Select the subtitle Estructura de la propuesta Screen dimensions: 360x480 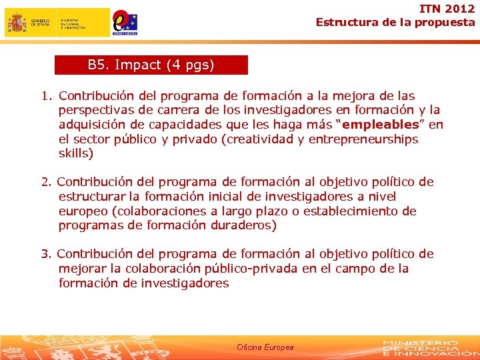395,22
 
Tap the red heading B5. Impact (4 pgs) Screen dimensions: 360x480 151,65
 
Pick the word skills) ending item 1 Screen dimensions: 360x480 76,154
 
